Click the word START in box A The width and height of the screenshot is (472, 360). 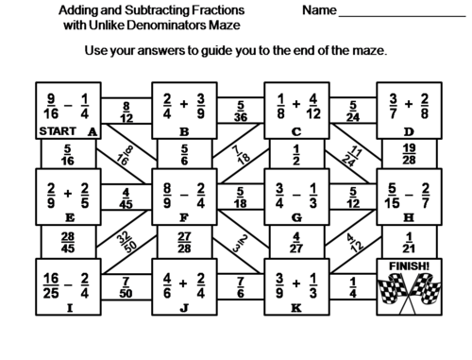58,131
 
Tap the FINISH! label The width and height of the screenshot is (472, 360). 409,266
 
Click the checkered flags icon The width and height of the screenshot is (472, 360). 409,293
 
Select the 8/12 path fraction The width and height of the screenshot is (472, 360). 126,112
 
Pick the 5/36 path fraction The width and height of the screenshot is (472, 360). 241,111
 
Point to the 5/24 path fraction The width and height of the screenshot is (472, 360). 353,111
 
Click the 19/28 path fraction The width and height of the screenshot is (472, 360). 409,154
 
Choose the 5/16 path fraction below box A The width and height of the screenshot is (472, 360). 68,155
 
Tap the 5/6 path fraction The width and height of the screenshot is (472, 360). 184,155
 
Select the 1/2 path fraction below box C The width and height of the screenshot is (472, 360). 296,155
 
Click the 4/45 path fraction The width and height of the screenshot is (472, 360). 126,198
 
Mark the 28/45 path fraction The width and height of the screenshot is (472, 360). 68,243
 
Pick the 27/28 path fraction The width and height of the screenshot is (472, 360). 184,243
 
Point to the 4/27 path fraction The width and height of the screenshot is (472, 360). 296,243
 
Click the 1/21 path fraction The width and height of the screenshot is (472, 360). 409,243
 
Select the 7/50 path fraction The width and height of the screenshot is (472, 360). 126,287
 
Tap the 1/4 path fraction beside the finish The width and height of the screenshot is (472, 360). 353,287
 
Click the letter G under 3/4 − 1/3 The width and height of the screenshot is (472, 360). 296,217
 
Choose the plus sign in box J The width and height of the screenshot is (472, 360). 183,283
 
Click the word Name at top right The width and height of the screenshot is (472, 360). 319,10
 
